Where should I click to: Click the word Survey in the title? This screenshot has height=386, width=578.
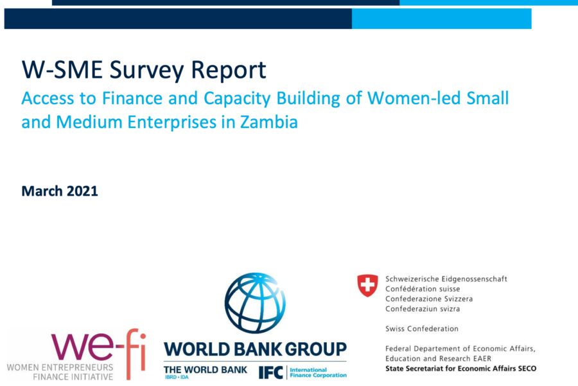pos(146,70)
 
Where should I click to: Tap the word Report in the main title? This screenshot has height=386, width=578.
pos(229,70)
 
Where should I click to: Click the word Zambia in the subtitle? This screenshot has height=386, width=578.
pos(268,122)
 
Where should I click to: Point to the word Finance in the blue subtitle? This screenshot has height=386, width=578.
pos(132,98)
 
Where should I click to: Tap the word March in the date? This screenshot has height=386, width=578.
pos(42,191)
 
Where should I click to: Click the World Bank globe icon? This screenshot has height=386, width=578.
pos(255,303)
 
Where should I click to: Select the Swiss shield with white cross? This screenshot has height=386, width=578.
pos(367,285)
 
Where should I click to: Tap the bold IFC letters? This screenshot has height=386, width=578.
pos(270,372)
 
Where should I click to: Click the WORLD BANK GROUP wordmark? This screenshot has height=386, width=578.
pos(255,349)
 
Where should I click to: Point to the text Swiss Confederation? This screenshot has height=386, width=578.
pos(422,329)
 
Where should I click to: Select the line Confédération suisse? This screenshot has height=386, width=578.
pos(423,289)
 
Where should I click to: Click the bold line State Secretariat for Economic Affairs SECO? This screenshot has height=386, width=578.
pos(460,368)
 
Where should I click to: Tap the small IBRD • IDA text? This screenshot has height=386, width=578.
pos(177,377)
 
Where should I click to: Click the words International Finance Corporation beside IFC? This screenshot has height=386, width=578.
pos(318,372)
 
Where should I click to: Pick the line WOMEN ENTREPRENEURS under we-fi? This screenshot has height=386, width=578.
pos(60,367)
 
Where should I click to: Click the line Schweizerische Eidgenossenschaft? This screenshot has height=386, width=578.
pos(446,279)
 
